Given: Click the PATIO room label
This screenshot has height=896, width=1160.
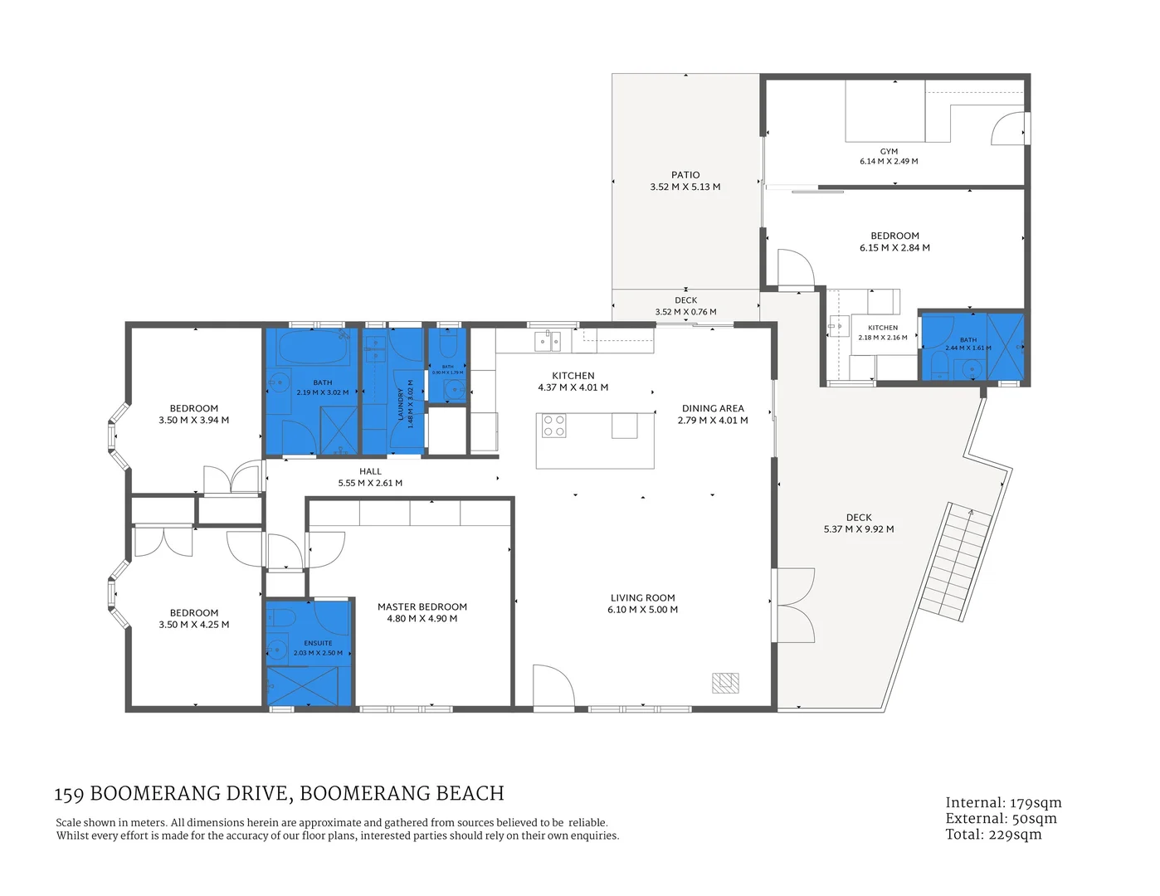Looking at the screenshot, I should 685,175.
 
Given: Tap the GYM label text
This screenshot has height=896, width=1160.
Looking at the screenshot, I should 889,152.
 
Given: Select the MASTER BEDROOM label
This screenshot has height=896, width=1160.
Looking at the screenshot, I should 422,606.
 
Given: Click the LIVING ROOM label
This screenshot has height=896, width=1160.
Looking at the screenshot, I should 642,597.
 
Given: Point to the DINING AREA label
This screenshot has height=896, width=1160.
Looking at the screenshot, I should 713,408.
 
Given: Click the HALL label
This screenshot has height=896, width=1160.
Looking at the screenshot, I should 370,471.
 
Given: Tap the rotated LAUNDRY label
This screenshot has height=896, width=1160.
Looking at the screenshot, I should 401,404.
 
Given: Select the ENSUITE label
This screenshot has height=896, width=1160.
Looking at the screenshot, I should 318,643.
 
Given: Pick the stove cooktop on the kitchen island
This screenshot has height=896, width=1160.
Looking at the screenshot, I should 553,426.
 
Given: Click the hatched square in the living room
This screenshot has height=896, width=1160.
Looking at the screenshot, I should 724,682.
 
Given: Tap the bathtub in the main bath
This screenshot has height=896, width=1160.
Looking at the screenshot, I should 312,347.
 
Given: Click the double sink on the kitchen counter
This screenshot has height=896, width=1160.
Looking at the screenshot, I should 548,340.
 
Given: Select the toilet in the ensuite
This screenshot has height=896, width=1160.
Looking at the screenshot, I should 280,618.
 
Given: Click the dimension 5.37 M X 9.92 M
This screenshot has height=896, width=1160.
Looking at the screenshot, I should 859,529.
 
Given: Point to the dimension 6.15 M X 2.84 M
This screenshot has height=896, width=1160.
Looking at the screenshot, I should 894,248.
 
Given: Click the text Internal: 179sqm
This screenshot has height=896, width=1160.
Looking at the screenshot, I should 1003,802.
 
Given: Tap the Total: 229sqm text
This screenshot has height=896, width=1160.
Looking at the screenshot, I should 993,835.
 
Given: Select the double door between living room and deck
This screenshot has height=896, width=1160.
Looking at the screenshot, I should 792,606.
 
